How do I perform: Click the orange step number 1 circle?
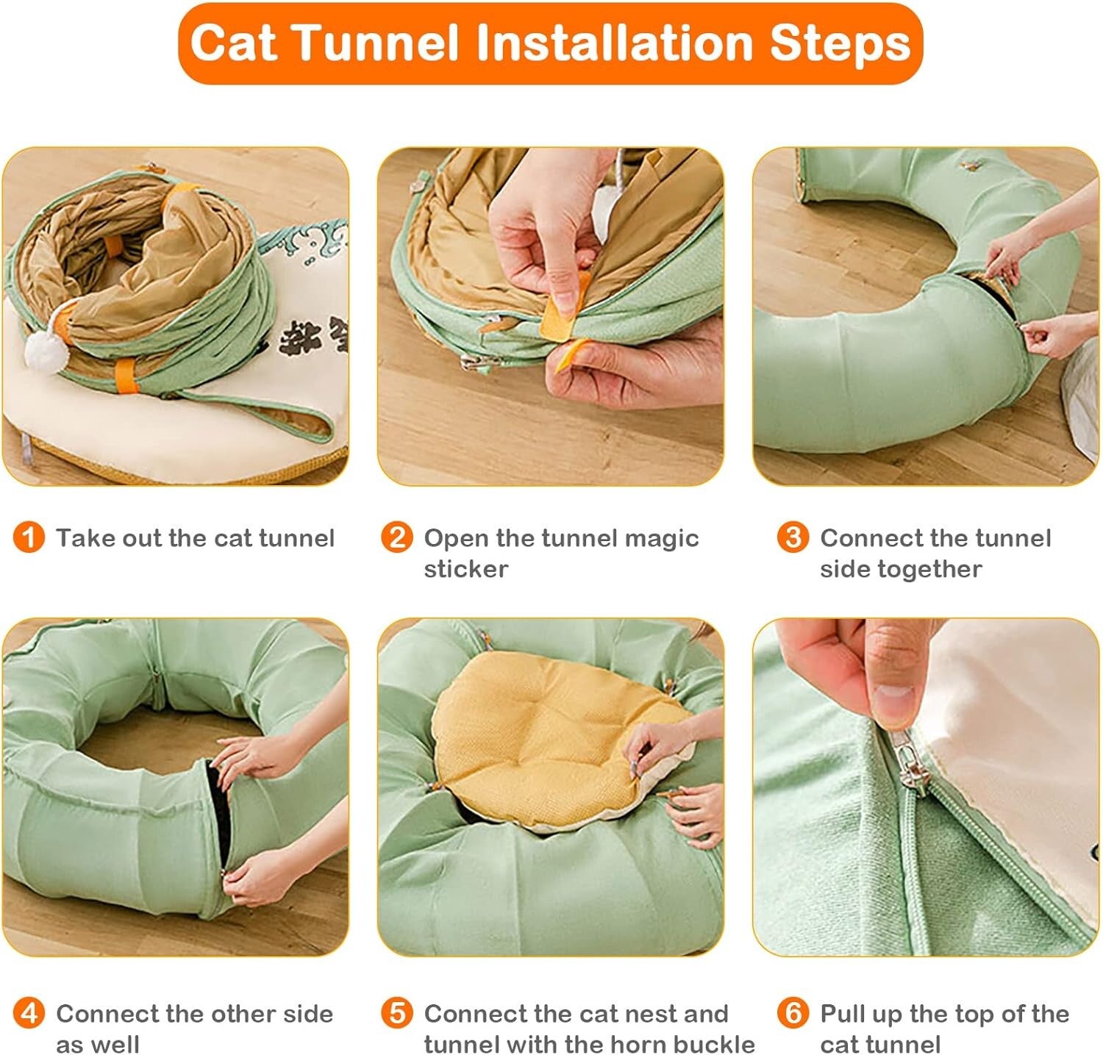tap(29, 537)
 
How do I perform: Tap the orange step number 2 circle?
tap(396, 537)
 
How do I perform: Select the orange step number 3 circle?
tap(793, 537)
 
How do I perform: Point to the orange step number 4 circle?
tap(29, 1013)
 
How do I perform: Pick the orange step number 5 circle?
tap(396, 1013)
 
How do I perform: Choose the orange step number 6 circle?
tap(793, 1013)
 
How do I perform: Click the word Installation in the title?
tap(615, 43)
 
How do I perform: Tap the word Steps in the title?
tap(840, 44)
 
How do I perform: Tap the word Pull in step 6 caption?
tap(842, 1014)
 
